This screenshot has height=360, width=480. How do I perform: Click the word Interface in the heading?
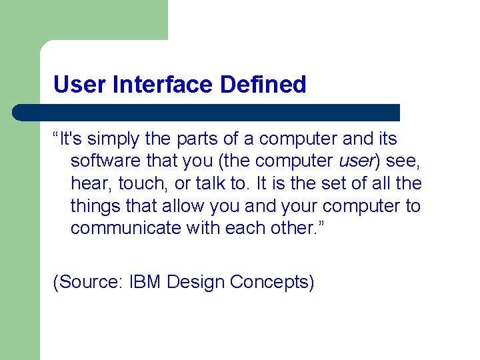click(x=153, y=85)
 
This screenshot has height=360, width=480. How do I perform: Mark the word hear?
click(x=88, y=183)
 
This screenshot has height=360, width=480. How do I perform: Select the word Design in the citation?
click(x=195, y=282)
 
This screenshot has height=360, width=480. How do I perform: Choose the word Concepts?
click(x=270, y=282)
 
